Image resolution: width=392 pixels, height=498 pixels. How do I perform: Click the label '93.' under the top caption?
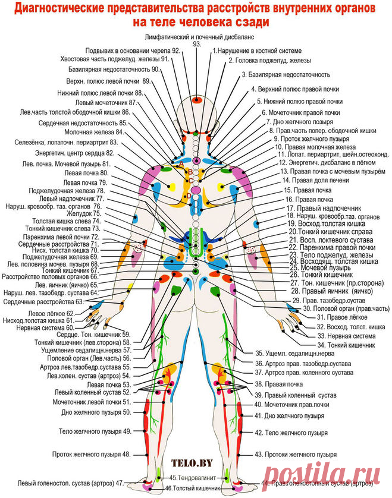coord(197,45)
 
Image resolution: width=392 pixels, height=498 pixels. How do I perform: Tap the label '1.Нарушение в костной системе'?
coord(257,52)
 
